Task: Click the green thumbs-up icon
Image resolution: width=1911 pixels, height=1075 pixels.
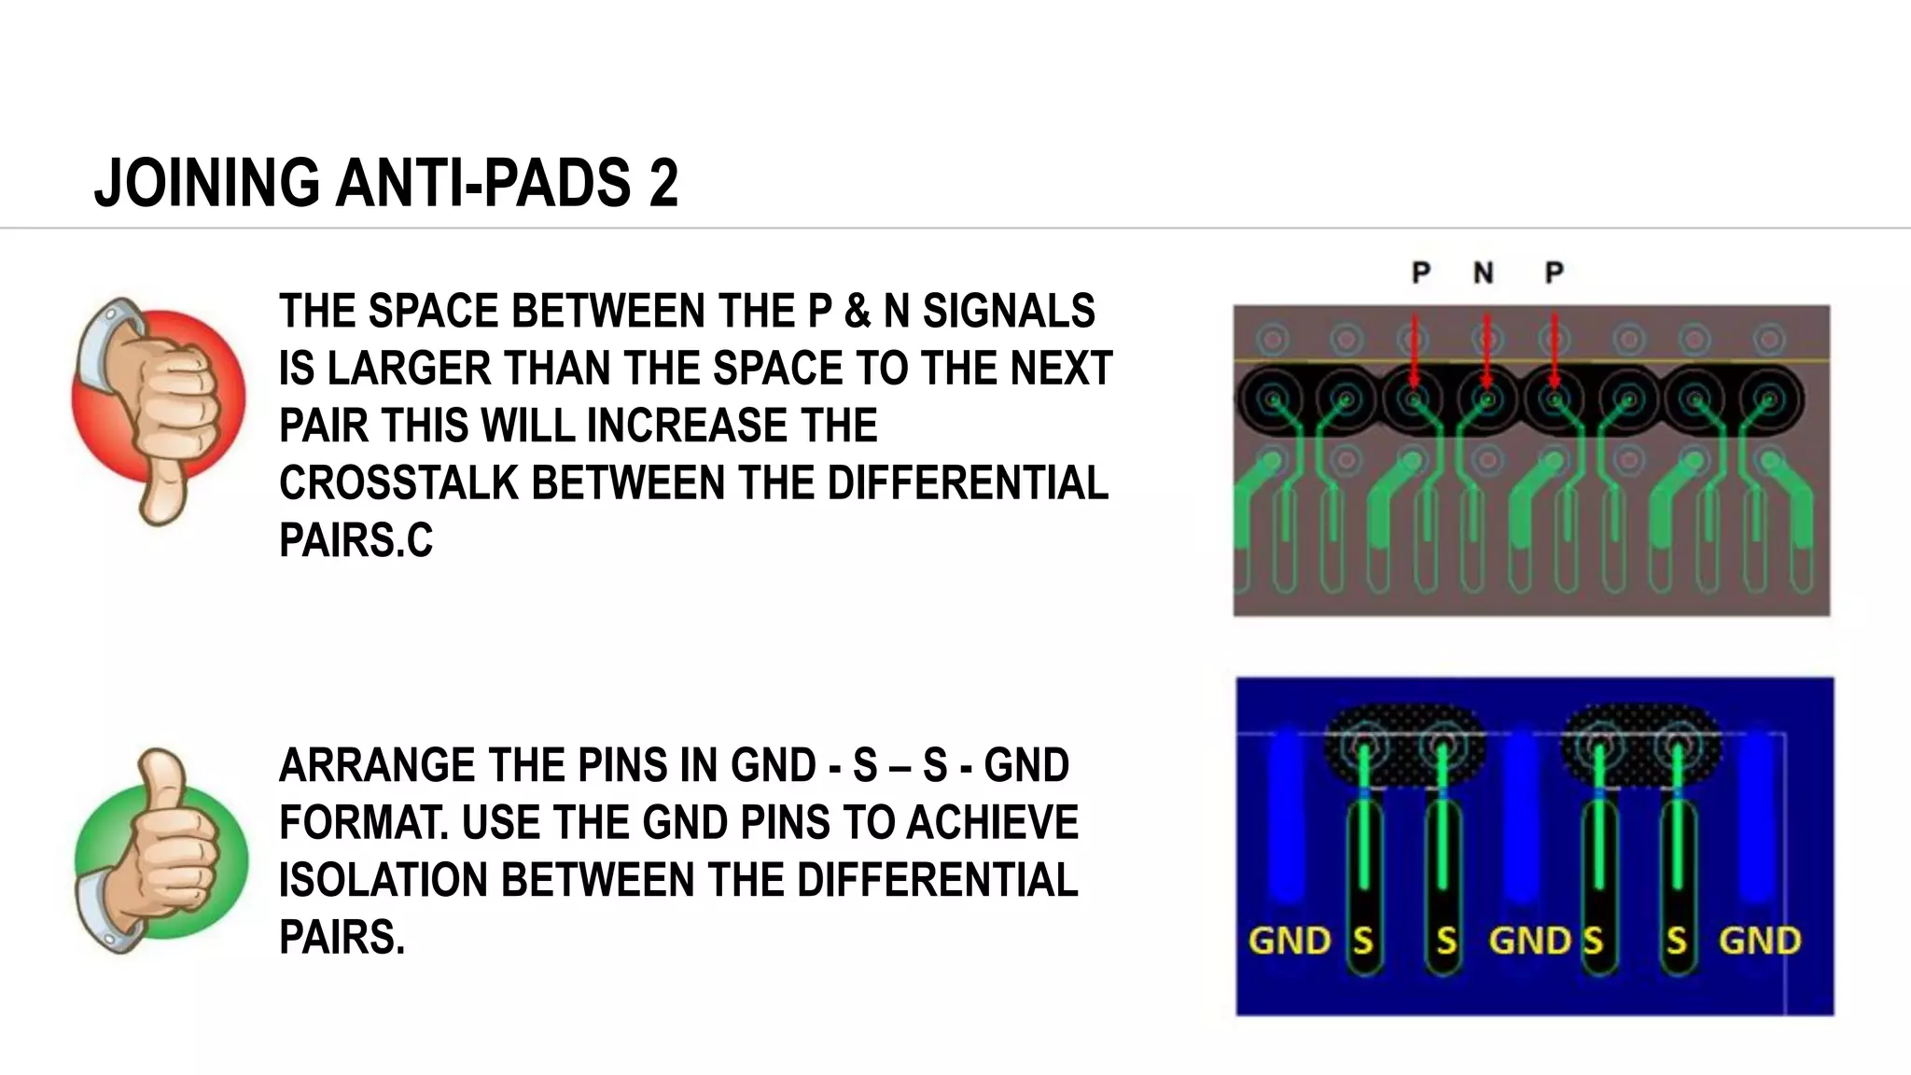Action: (x=160, y=851)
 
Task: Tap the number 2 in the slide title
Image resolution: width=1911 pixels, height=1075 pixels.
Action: (x=663, y=183)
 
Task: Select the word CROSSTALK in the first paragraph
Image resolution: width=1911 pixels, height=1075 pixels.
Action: (x=398, y=483)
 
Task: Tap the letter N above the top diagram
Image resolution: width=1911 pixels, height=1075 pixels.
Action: (x=1483, y=272)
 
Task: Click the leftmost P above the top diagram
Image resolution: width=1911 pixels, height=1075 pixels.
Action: (x=1420, y=272)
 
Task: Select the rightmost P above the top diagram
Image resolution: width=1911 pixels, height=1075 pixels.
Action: (x=1554, y=272)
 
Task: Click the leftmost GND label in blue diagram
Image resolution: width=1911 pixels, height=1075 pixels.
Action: (x=1289, y=941)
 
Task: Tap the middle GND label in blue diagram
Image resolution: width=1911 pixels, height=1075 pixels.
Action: (x=1529, y=941)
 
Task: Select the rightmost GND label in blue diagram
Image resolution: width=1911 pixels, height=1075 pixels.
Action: (x=1759, y=941)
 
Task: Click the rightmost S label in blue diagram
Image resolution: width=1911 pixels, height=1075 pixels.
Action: (x=1677, y=941)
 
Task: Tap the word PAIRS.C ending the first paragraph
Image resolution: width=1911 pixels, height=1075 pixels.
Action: (x=356, y=541)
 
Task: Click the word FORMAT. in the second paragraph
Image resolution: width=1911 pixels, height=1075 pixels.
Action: (x=362, y=823)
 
